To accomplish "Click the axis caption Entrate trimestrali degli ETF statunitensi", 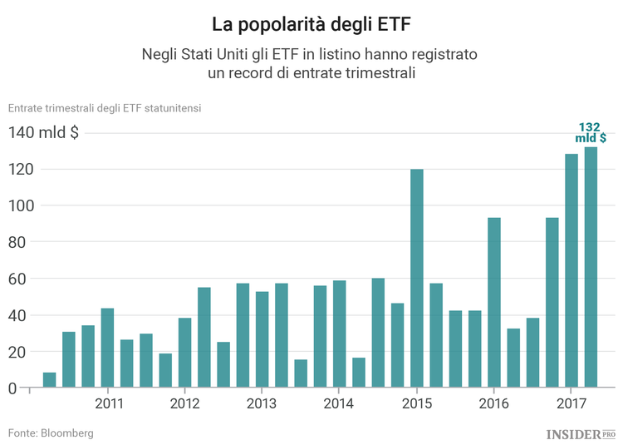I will [x=105, y=107].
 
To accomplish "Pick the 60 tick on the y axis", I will [x=24, y=279].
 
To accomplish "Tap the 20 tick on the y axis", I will [x=24, y=352].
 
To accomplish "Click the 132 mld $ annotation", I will [x=591, y=132].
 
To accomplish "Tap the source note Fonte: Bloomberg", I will [x=51, y=433].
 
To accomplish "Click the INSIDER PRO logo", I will [x=581, y=433].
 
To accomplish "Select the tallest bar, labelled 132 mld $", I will [x=591, y=267].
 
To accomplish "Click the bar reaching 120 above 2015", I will [x=417, y=279].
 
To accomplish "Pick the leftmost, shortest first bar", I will [x=50, y=380].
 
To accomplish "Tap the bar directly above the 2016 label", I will [x=494, y=303].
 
